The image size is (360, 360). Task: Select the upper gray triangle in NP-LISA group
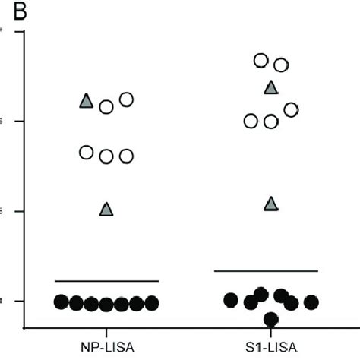coord(87,101)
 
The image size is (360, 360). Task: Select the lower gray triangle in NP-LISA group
coord(106,209)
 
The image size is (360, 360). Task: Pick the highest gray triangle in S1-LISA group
coord(271,87)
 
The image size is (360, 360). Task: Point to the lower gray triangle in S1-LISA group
coord(271,204)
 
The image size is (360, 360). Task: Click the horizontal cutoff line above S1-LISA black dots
coord(266,270)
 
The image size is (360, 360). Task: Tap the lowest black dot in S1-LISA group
coord(271,318)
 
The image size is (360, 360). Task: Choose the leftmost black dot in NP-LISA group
coord(62,302)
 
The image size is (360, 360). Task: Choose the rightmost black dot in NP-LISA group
coord(152,303)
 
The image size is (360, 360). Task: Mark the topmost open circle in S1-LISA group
coord(261,60)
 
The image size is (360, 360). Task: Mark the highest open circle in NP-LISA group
coord(127,99)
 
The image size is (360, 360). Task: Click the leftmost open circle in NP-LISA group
coord(87,153)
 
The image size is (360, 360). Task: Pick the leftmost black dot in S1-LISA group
coord(231,300)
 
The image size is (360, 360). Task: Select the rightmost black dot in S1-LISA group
coord(311,302)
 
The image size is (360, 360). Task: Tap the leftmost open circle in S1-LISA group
coord(251,121)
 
